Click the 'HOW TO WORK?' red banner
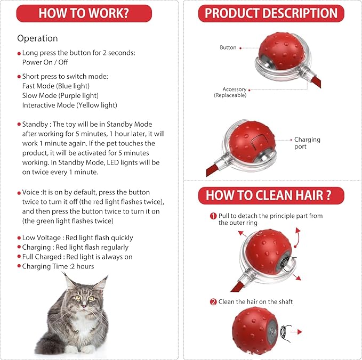coord(84,13)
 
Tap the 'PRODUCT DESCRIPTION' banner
coord(271,13)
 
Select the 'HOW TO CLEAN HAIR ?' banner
coord(271,195)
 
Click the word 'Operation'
coord(37,38)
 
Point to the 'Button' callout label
coord(228,47)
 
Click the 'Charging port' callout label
coord(307,143)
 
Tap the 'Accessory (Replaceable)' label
coord(230,92)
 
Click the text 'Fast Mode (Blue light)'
coord(56,86)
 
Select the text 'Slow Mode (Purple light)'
coord(60,95)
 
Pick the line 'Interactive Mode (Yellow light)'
coord(69,105)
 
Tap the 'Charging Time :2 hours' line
coord(58,266)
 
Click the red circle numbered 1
coord(213,216)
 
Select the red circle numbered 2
coord(213,301)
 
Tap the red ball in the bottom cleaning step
coord(254,330)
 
